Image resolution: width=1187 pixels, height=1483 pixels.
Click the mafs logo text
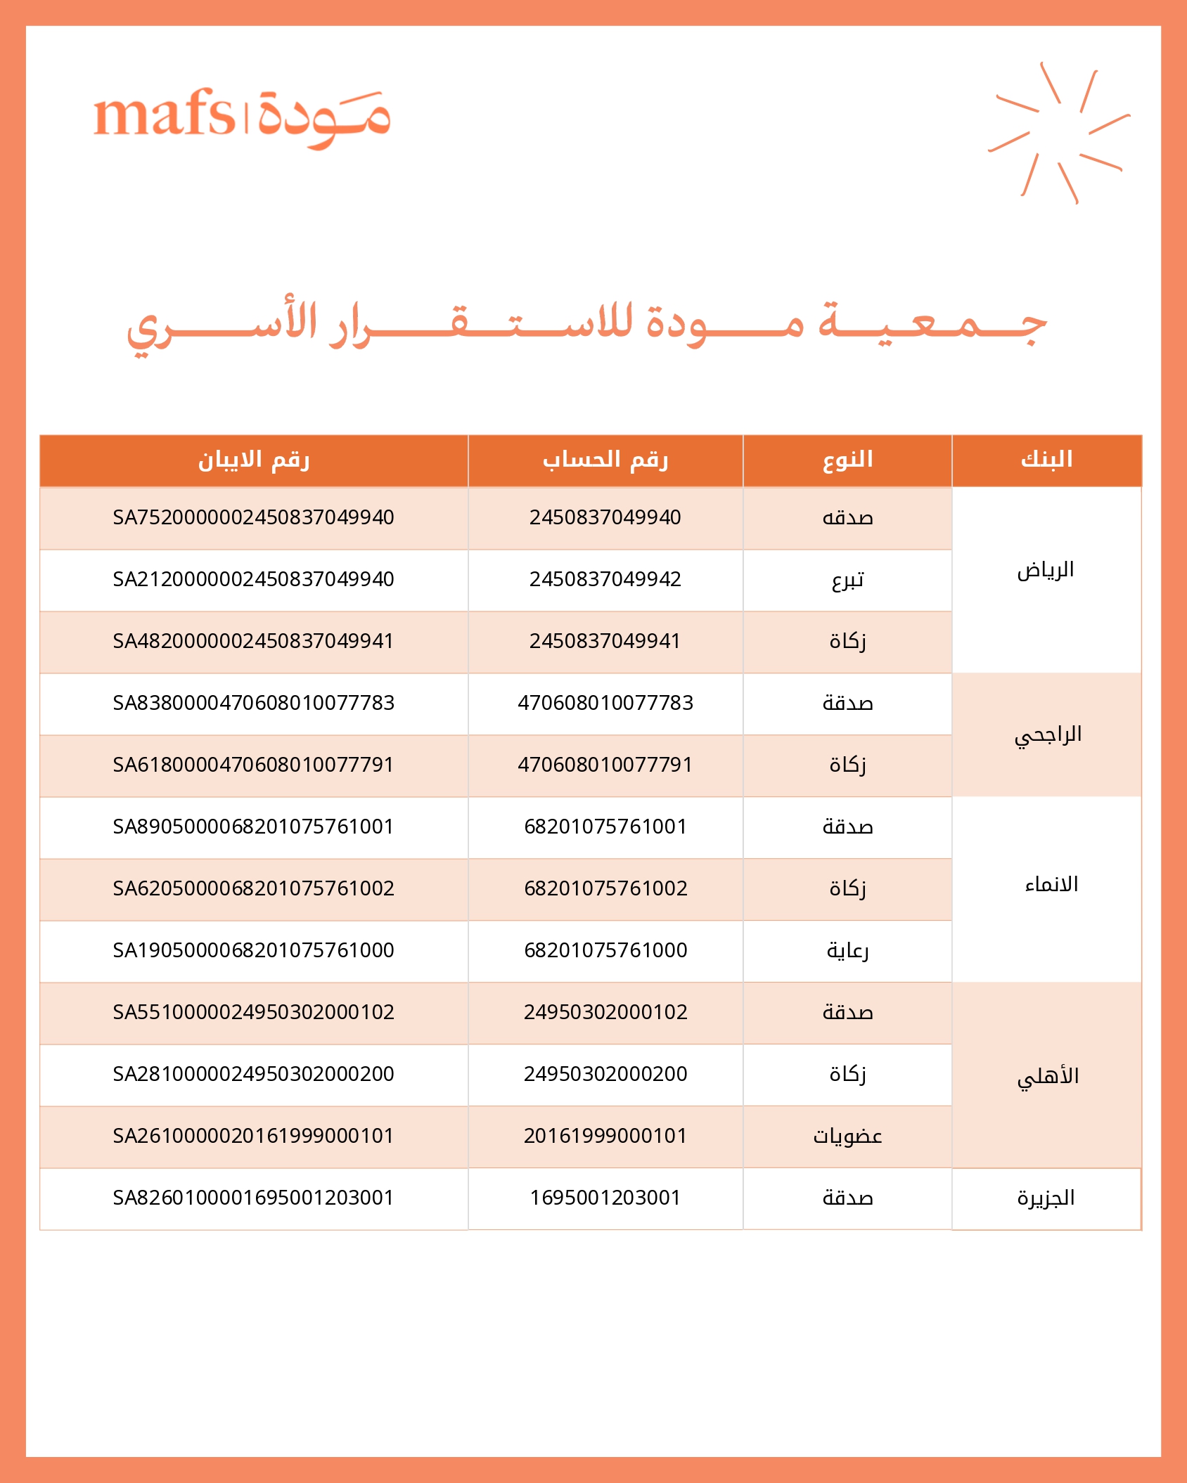(x=165, y=114)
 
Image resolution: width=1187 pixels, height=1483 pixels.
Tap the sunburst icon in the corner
(x=1058, y=133)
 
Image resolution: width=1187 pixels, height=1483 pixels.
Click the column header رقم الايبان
(x=253, y=460)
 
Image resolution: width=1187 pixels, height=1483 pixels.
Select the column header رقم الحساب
(x=605, y=460)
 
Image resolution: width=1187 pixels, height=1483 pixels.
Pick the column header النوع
(x=847, y=460)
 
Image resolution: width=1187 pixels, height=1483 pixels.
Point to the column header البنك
(x=1046, y=460)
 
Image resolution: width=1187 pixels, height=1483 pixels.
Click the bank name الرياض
(x=1046, y=570)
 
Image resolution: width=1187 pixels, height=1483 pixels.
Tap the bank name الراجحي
(x=1048, y=735)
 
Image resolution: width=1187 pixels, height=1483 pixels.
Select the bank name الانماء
(x=1051, y=885)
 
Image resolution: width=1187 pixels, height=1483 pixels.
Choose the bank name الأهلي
(x=1048, y=1076)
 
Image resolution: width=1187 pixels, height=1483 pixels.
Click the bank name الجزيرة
(x=1046, y=1198)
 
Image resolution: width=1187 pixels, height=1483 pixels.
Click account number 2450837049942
(x=605, y=579)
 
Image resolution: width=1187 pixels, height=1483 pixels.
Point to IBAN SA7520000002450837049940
(x=253, y=517)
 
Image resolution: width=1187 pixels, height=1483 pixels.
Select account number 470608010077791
(x=605, y=765)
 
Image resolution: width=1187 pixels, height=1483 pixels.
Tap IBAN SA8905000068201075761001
(x=253, y=827)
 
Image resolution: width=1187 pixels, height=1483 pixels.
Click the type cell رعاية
(x=847, y=951)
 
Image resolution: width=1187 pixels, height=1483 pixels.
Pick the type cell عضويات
(x=847, y=1136)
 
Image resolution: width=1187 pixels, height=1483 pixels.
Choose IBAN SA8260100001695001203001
(x=253, y=1198)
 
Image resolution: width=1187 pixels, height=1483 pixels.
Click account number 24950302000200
(x=605, y=1074)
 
